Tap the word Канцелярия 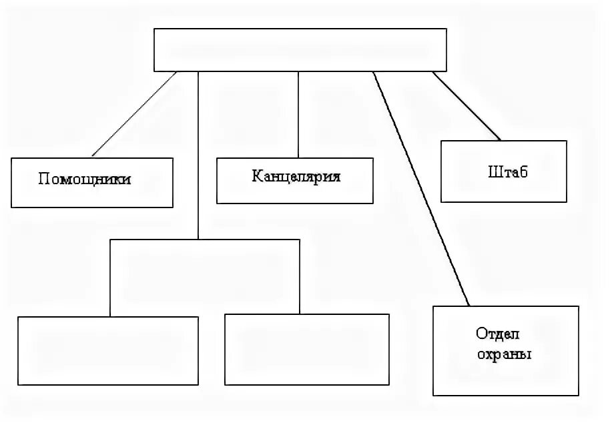pyautogui.click(x=296, y=177)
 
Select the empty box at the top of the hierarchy pyautogui.click(x=300, y=49)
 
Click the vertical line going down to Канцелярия pyautogui.click(x=298, y=113)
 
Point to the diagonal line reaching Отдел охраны pyautogui.click(x=420, y=187)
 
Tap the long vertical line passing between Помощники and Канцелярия pyautogui.click(x=198, y=153)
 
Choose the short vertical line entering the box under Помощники pyautogui.click(x=110, y=277)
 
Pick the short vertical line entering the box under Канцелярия pyautogui.click(x=300, y=276)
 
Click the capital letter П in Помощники pyautogui.click(x=43, y=179)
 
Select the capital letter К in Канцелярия pyautogui.click(x=256, y=177)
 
